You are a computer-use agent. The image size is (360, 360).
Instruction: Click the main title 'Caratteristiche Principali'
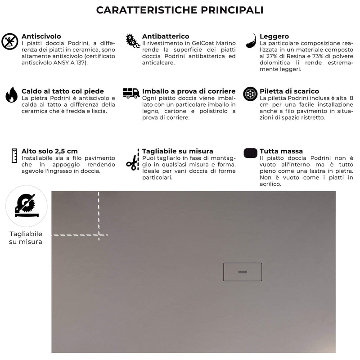click(180, 10)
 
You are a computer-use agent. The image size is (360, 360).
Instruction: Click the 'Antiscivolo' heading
click(41, 36)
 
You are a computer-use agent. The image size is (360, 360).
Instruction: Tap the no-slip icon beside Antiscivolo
click(9, 41)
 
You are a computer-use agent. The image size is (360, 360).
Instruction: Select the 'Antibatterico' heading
click(166, 36)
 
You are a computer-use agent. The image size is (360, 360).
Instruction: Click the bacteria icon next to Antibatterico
click(132, 40)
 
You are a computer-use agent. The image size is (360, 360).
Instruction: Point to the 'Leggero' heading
click(274, 36)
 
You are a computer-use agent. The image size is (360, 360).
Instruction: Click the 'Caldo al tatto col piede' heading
click(63, 91)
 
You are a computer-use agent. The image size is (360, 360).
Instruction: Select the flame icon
click(11, 95)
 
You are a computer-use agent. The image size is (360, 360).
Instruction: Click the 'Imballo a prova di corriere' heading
click(189, 91)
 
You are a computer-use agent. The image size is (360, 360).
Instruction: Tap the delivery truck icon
click(131, 93)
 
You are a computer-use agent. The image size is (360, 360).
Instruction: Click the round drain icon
click(250, 94)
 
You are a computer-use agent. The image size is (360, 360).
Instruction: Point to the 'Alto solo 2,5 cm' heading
click(49, 151)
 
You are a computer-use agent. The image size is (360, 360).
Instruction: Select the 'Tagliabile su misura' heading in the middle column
click(177, 151)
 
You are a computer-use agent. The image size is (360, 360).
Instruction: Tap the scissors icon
click(132, 159)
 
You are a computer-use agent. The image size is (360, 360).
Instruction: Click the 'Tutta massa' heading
click(281, 151)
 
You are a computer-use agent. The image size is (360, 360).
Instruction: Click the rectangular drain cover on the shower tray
click(243, 272)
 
